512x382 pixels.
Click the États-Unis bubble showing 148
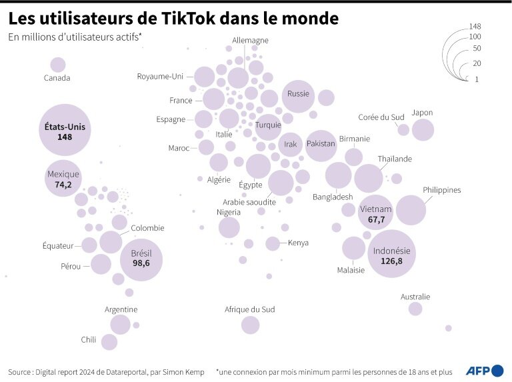coord(64,130)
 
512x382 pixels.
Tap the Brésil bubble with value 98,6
coord(141,258)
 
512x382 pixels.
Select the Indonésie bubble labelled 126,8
coord(392,255)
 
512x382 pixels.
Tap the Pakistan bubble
coord(321,145)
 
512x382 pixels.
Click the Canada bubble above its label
coord(58,65)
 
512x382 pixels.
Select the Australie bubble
coord(415,309)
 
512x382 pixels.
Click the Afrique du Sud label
coord(250,309)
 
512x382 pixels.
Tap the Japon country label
coord(422,112)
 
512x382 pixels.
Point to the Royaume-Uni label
coord(160,76)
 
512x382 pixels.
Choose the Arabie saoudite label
coord(249,201)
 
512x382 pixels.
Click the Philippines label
coord(441,190)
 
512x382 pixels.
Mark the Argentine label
coord(121,309)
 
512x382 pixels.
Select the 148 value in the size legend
coord(475,27)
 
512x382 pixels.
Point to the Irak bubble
coord(291,145)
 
